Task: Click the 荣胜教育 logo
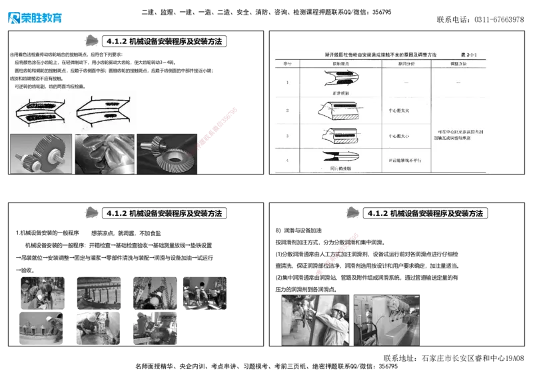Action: (35, 17)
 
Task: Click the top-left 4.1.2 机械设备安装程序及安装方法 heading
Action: (165, 41)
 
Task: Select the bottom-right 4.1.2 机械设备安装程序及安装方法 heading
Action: (426, 213)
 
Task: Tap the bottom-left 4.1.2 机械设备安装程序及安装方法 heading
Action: (165, 213)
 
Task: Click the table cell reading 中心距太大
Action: (406, 110)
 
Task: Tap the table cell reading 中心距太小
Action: (406, 136)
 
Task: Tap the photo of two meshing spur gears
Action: (40, 154)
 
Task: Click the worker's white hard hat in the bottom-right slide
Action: (338, 307)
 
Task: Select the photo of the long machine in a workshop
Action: (387, 319)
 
